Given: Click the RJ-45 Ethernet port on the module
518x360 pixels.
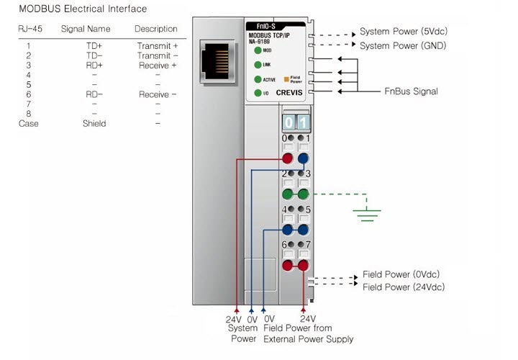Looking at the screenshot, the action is coord(217,61).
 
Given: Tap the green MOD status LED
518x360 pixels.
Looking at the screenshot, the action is coord(258,50).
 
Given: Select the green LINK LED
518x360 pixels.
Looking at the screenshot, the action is coord(258,65).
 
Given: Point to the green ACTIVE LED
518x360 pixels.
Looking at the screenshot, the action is coord(258,79).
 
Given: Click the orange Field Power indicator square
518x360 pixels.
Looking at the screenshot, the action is coord(286,79).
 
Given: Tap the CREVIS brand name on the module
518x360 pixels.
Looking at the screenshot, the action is coord(289,93).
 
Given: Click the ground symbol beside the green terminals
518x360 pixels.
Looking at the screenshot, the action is coord(367,215).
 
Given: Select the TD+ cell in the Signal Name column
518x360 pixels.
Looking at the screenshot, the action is coord(94,45).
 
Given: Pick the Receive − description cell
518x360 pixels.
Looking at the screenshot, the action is coord(158,94).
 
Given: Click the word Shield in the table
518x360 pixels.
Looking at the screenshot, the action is coord(94,123).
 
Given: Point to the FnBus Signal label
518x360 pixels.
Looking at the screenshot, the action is coord(411,91).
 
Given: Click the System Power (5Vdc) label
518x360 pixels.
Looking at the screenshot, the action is coord(404,32).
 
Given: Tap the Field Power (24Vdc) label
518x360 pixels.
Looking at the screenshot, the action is coord(404,287).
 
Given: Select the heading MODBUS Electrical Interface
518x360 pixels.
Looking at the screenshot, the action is coord(83,9).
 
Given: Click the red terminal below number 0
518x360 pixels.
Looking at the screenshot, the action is coord(287,158).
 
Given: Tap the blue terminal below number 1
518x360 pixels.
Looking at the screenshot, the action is coord(303,158).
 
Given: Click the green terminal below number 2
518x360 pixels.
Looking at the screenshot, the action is coord(287,194).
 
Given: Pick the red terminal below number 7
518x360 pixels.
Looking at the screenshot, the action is coord(303,266).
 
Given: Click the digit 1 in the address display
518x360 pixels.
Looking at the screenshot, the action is coord(304,122).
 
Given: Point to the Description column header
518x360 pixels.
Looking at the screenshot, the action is coord(156,29).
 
